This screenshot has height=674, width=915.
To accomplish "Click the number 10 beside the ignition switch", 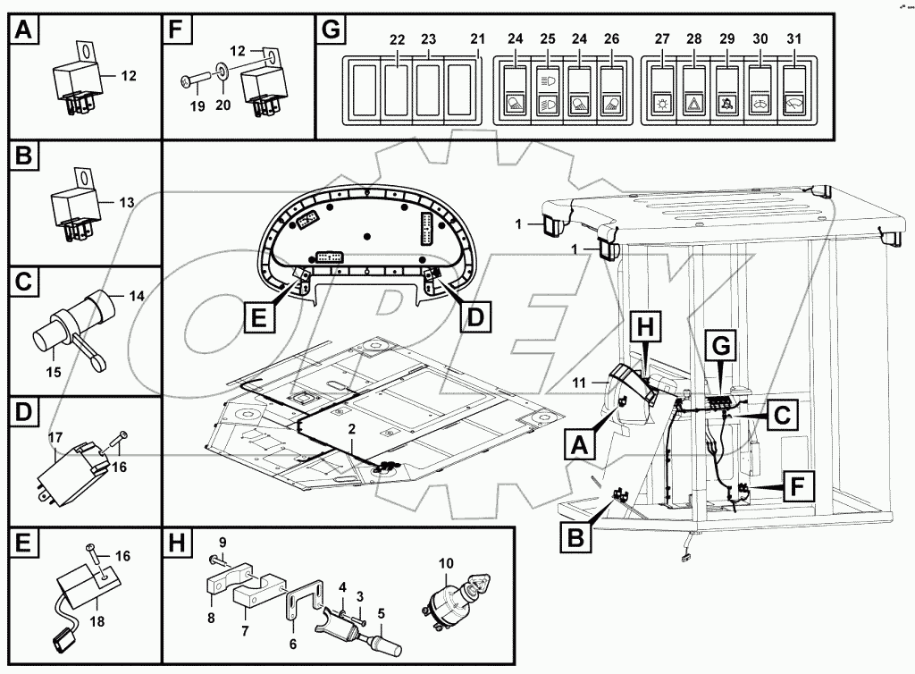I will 447,563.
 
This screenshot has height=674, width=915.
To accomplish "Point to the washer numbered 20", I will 221,105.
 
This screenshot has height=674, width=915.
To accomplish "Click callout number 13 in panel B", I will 128,203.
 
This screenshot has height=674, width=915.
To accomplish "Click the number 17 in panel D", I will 55,438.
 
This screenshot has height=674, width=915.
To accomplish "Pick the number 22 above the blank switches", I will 398,39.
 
